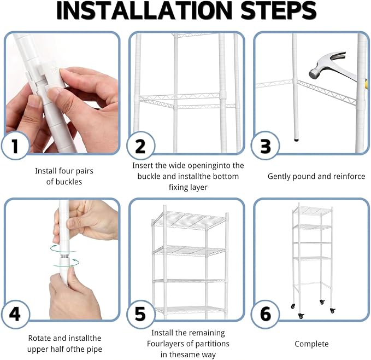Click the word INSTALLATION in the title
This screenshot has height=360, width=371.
145,11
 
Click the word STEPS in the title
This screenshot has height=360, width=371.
278,11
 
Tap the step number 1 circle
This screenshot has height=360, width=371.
15,146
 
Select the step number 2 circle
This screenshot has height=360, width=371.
140,146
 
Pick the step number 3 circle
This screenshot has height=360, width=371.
265,146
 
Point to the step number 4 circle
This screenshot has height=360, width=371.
15,314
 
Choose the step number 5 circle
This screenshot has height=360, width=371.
140,314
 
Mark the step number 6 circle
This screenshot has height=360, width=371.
265,314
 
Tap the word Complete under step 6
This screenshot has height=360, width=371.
311,344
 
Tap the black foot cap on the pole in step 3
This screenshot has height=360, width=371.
296,140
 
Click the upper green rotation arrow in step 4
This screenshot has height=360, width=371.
63,249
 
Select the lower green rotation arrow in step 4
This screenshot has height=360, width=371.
66,263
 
